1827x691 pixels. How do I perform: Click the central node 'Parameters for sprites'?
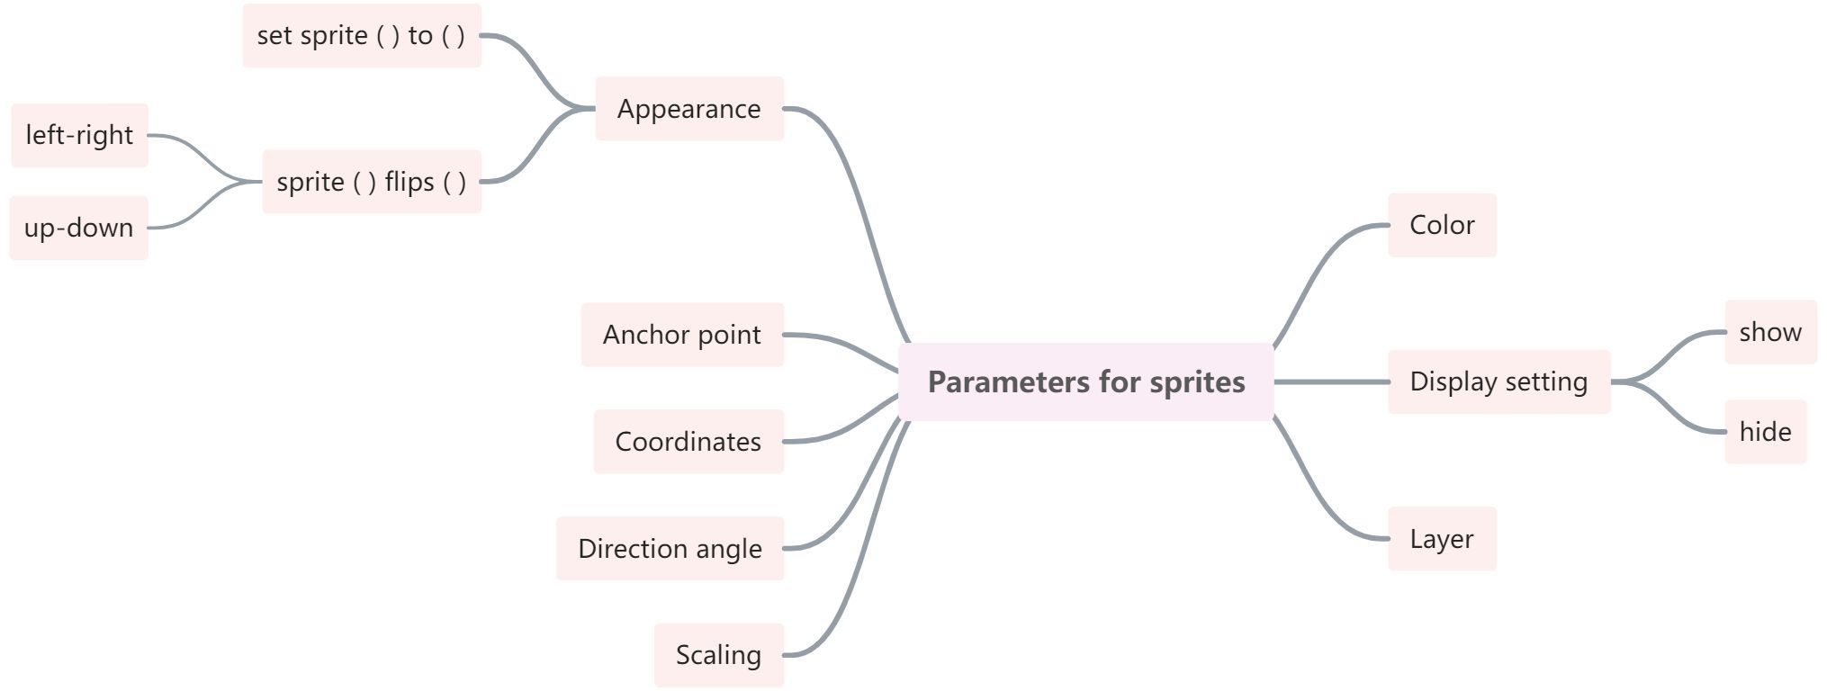(1085, 381)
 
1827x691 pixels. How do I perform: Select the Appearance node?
(689, 109)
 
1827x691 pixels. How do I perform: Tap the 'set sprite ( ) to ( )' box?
(362, 36)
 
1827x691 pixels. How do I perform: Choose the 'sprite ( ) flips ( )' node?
(372, 182)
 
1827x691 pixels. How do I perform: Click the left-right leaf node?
(79, 135)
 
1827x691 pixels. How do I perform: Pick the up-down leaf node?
(78, 228)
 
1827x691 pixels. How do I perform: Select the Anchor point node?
(682, 335)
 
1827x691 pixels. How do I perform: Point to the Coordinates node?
(688, 442)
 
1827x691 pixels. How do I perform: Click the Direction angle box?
(670, 549)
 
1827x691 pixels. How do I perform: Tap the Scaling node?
(718, 655)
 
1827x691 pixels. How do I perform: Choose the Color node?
(1442, 225)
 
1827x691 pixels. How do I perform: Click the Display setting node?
(1498, 381)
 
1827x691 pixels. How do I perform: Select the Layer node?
(1442, 539)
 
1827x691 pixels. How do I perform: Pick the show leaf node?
(1770, 332)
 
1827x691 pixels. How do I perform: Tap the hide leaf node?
(1765, 432)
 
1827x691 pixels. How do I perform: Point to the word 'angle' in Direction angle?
(729, 549)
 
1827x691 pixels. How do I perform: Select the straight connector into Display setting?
(1331, 382)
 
